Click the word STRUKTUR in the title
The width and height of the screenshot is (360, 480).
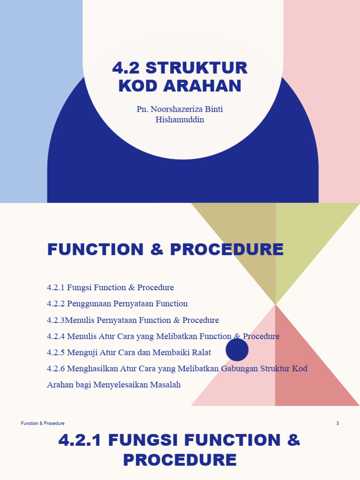click(x=196, y=68)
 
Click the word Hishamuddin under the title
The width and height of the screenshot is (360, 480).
click(x=180, y=120)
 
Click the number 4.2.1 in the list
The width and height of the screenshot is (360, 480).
click(x=56, y=287)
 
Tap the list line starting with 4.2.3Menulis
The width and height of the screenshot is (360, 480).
click(x=133, y=320)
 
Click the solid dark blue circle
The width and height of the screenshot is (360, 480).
click(x=237, y=350)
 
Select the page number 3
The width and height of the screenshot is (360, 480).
click(x=337, y=423)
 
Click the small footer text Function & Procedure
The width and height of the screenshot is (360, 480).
click(x=43, y=423)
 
